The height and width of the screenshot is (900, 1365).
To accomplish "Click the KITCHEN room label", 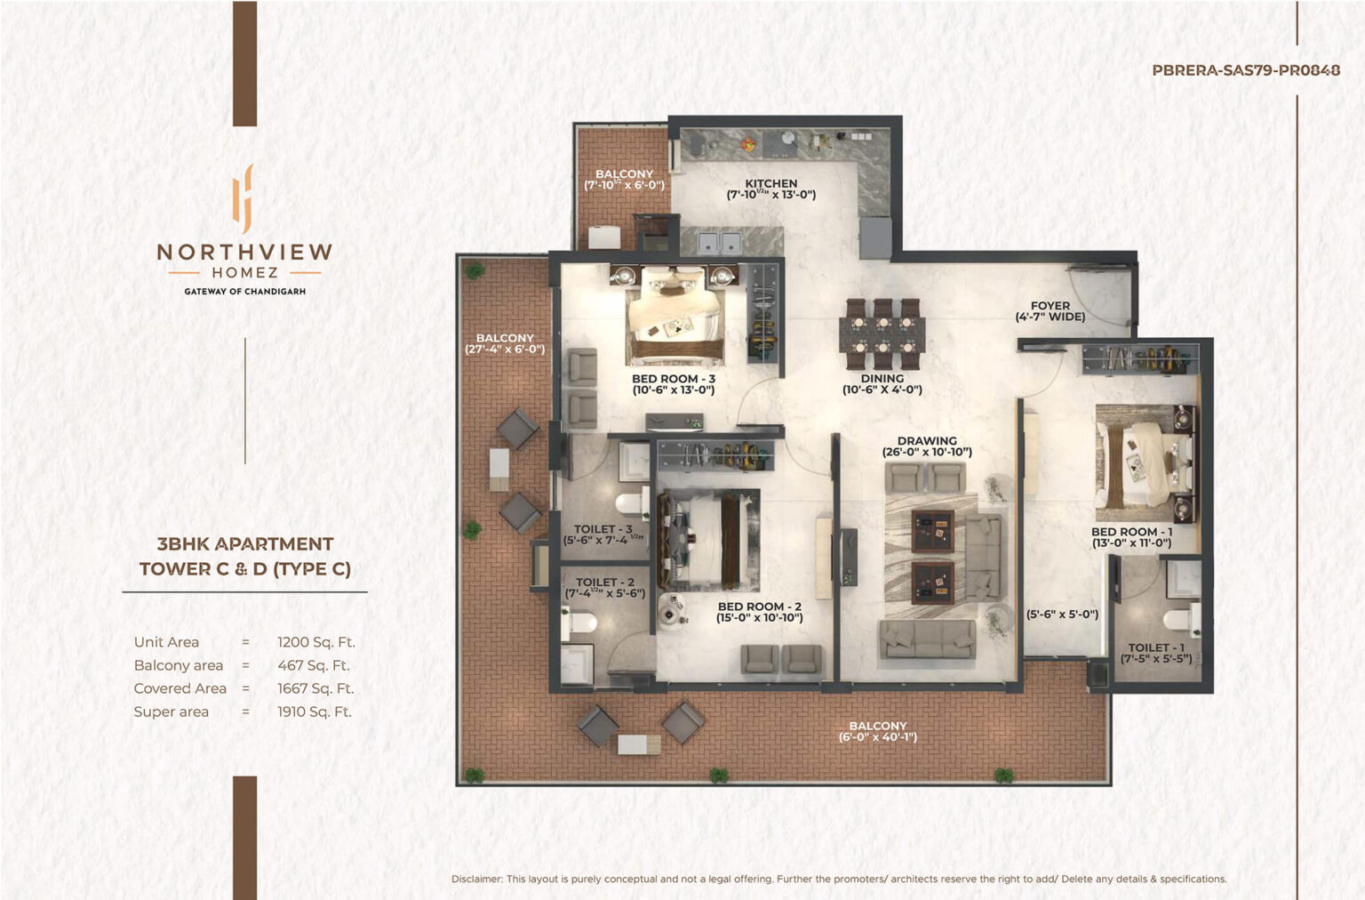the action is coord(770,183).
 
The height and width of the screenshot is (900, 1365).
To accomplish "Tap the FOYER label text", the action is coord(1050,306).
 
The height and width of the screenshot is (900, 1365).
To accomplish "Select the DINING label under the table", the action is coord(882,378).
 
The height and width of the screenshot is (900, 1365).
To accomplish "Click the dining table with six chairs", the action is coord(882,334).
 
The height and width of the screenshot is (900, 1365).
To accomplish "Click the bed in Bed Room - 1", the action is coord(1145,464).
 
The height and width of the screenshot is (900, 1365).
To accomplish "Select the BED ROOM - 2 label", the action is coord(759,607).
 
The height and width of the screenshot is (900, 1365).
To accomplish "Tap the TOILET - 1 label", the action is coord(1156,647).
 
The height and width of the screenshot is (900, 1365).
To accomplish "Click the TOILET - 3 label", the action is coord(603,528).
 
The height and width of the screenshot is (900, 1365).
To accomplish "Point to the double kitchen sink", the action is coord(720,243).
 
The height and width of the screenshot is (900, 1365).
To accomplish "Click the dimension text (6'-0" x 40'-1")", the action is coord(877,737).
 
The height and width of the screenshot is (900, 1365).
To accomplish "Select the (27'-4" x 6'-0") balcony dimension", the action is coord(505,350).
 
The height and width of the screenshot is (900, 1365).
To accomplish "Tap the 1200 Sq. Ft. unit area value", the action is coord(315,642).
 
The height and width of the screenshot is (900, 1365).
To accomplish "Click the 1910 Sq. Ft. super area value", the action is coord(315,711).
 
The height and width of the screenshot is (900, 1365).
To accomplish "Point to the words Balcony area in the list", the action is coord(179,665).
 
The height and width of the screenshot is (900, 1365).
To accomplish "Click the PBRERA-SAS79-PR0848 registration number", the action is coord(1246,70).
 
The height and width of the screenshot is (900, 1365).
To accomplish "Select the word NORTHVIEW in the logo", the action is coord(245,252).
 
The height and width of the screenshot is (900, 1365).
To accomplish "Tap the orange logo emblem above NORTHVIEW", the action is coord(243,199).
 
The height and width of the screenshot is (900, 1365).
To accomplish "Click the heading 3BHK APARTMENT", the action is coord(245,544).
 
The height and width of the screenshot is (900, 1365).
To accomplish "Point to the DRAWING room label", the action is coord(927,441).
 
